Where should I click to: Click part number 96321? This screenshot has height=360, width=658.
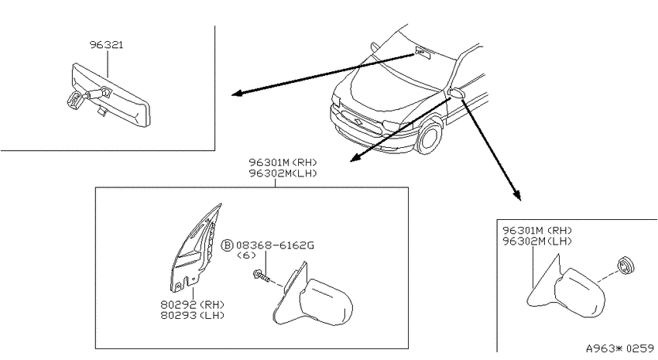[x=107, y=45]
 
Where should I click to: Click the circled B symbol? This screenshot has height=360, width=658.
[x=227, y=245]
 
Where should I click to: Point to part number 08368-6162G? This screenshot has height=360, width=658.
[x=275, y=245]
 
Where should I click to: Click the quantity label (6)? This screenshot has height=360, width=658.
[x=246, y=255]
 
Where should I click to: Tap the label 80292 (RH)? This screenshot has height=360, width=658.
[x=192, y=304]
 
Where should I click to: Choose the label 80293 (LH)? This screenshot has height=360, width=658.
[x=192, y=315]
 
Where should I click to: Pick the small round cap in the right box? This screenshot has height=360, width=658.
[x=625, y=266]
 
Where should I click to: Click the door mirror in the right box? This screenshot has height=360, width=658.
[x=567, y=287]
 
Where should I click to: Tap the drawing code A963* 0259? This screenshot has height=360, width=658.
[x=620, y=348]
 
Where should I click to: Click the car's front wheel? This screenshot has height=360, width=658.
[x=430, y=136]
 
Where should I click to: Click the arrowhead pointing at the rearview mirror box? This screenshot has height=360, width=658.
[x=238, y=93]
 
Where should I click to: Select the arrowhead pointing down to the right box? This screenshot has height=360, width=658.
[x=516, y=194]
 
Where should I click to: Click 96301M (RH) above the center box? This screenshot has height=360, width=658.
[x=283, y=162]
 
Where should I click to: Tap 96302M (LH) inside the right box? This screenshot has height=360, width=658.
[x=537, y=242]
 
